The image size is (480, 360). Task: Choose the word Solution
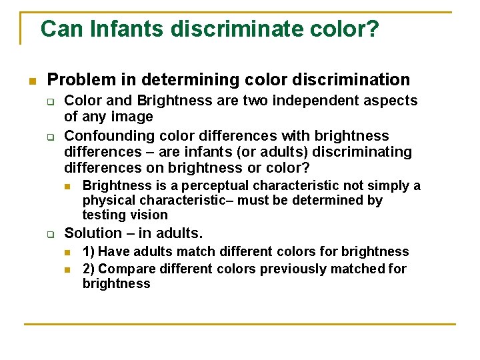point(93,233)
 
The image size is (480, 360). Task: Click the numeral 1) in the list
point(89,251)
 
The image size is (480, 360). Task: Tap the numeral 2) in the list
point(89,269)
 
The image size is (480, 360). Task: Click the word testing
point(104,215)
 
